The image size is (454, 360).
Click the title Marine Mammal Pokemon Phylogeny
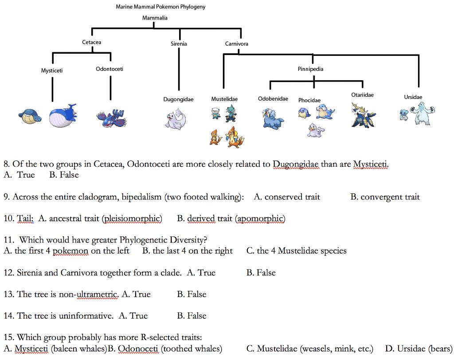point(160,7)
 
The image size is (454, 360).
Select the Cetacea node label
point(91,42)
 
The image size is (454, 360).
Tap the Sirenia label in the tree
point(179,44)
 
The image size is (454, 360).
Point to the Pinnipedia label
point(310,69)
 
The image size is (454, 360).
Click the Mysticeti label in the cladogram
point(52,70)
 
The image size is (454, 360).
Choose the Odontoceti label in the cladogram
point(110,69)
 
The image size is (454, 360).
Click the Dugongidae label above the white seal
point(178,99)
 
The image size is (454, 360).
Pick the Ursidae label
point(413,97)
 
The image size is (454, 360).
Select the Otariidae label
point(362,95)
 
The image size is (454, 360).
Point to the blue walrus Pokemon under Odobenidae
point(270,118)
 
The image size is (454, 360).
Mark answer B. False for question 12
point(261,273)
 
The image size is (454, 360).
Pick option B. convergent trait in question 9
point(384,197)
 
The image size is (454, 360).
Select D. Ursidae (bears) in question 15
point(419,349)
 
